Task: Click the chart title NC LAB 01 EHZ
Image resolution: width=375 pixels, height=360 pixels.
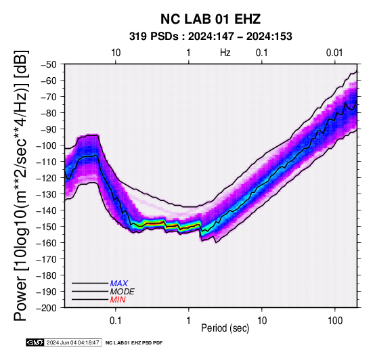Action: [211, 19]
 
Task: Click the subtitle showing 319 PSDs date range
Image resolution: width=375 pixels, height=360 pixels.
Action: [211, 37]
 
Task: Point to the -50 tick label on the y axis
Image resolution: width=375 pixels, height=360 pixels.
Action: [49, 64]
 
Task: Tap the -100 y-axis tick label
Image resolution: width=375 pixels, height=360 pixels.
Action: [47, 145]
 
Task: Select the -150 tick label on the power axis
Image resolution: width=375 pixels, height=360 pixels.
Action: [47, 227]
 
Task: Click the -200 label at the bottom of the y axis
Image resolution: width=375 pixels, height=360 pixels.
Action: [47, 308]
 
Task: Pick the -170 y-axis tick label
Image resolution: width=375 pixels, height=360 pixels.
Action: [47, 259]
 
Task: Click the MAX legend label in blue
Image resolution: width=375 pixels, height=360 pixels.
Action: [119, 284]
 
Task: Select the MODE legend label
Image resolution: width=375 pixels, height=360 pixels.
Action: [123, 292]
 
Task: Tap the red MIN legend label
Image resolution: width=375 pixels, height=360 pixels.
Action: [118, 300]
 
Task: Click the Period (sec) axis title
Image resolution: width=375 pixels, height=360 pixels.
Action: [225, 328]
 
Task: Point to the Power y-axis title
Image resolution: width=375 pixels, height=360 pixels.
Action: [20, 185]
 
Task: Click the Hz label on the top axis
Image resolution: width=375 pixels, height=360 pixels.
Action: [225, 53]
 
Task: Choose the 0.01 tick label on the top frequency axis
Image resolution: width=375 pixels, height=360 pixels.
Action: [334, 53]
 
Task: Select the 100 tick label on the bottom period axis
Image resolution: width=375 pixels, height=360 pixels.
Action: [335, 321]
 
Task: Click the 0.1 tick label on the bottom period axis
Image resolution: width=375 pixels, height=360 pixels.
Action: [116, 321]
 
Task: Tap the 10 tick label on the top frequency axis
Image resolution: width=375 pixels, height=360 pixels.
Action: [116, 53]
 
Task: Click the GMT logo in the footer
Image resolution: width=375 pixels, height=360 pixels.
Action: [35, 342]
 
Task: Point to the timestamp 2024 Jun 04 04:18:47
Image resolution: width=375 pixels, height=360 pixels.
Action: [72, 342]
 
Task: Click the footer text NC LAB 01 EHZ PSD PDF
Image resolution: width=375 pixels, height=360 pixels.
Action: [134, 343]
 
